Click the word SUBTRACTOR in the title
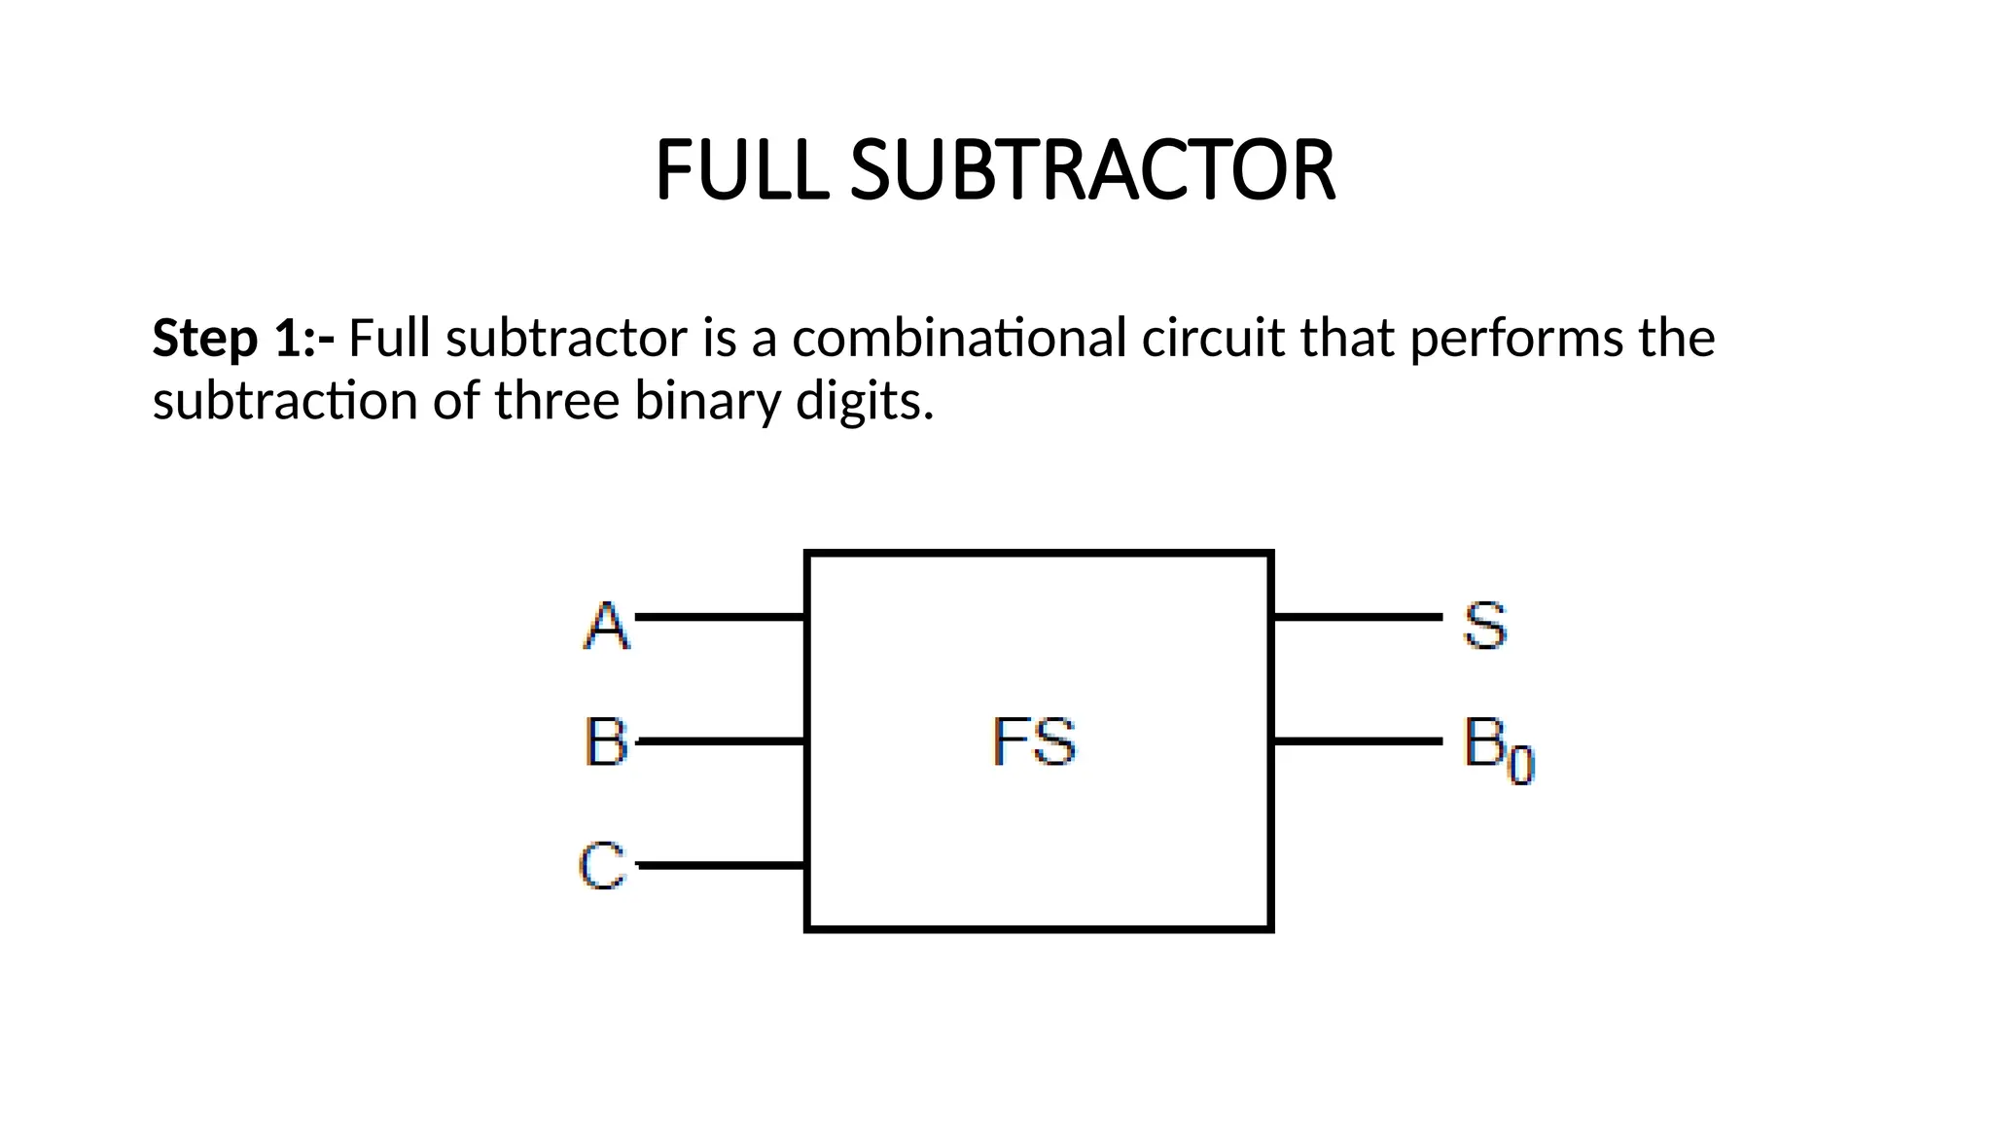point(1093,170)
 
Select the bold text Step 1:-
point(243,338)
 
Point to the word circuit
point(1212,338)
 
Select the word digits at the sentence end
point(863,401)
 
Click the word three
point(556,400)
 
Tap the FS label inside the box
point(1034,741)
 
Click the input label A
point(607,625)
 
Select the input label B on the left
point(606,741)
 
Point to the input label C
point(602,865)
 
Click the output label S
point(1485,625)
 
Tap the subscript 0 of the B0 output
point(1520,765)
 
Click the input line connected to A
point(720,617)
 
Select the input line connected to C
point(720,864)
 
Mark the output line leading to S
point(1357,617)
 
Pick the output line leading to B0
point(1357,741)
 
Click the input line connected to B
point(720,741)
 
